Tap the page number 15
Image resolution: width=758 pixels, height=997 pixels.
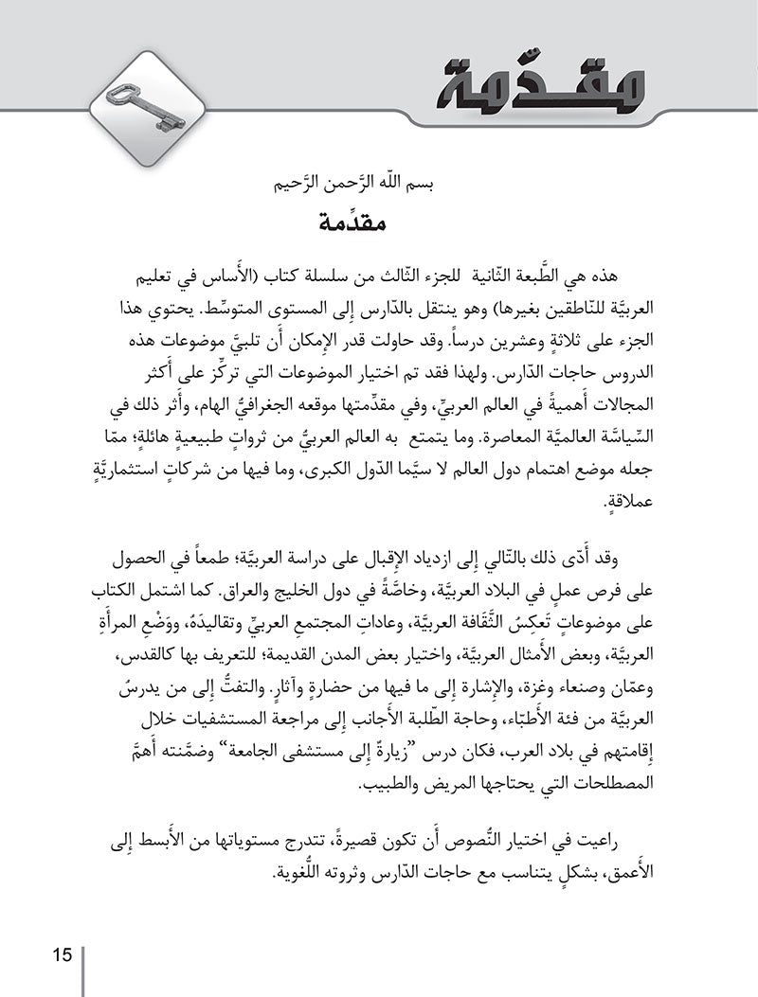coord(63,953)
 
